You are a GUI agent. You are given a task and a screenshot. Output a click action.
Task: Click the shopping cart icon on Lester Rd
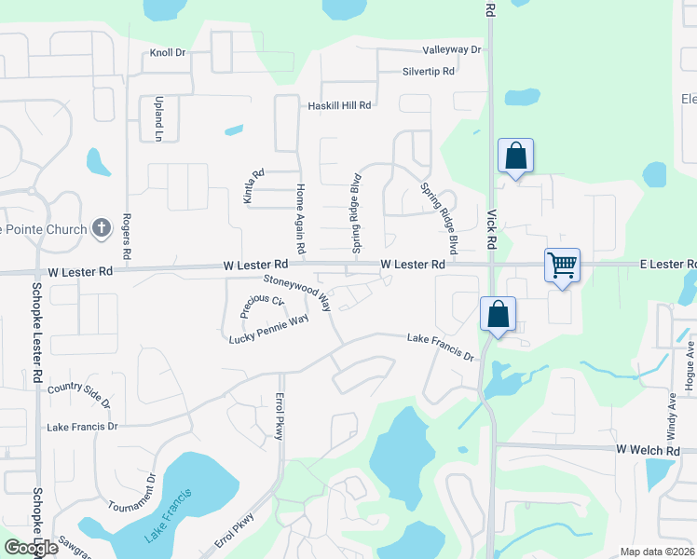click(x=563, y=266)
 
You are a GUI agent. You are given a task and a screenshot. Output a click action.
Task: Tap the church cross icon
click(x=102, y=228)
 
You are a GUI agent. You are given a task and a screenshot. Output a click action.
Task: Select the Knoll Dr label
click(x=168, y=53)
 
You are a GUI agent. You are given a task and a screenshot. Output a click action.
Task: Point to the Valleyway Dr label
click(x=451, y=49)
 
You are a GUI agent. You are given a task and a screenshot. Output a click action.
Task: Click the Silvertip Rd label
click(x=429, y=71)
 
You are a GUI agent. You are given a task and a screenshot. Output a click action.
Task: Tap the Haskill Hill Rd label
click(x=340, y=106)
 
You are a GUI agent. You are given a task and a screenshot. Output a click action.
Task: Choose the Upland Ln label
click(x=157, y=119)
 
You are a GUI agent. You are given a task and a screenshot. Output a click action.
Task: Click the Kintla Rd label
click(x=249, y=187)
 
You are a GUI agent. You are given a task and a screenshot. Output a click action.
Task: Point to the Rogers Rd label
click(x=125, y=239)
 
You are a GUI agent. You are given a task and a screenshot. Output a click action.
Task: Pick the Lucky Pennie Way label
click(x=268, y=329)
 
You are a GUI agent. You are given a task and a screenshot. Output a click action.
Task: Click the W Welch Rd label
click(x=648, y=450)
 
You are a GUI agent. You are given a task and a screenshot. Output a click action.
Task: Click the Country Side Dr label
click(x=79, y=393)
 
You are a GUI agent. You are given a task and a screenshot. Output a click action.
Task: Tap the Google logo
click(x=32, y=548)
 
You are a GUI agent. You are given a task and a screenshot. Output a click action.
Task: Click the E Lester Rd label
click(x=667, y=265)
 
